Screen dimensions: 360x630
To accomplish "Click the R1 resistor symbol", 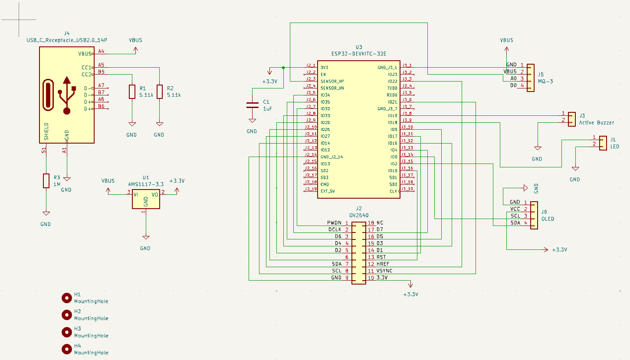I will point(132,92).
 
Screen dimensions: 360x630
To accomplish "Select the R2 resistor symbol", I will point(160,92).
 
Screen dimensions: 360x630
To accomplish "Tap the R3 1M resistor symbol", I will point(46,181).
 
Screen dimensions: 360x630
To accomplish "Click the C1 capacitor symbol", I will point(252,105).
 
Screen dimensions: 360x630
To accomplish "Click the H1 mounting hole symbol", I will point(66,298).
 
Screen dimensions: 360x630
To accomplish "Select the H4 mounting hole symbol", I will point(66,349).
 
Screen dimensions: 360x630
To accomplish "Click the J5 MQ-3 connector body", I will point(531,75).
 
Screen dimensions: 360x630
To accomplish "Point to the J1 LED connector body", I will point(603,143).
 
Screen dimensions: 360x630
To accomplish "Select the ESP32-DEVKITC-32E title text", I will point(358,54).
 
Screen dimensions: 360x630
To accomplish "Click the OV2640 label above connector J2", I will point(358,215).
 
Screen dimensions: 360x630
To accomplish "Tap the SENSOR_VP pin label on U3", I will point(332,81).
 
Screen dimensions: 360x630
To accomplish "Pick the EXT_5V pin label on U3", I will point(328,191).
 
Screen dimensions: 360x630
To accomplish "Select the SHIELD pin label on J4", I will point(46,131).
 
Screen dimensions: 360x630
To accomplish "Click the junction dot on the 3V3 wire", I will point(283,68).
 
